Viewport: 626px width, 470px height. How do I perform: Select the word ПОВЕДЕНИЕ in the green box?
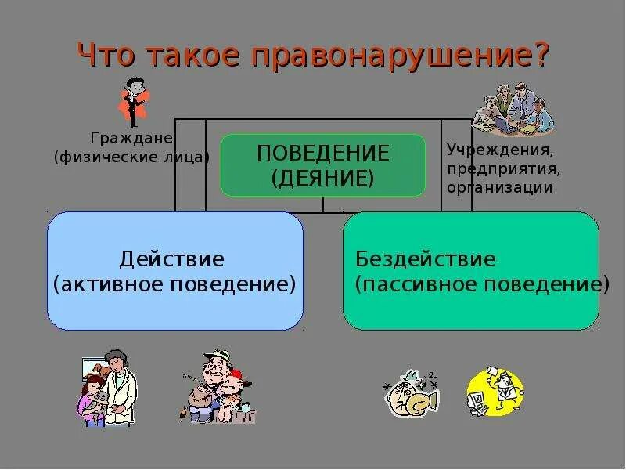[x=323, y=153]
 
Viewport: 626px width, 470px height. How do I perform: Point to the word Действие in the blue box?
[x=172, y=258]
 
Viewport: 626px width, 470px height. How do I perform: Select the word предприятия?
[x=503, y=168]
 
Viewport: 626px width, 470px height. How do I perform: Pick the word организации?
[x=500, y=187]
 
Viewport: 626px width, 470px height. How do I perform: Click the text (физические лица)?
[x=131, y=157]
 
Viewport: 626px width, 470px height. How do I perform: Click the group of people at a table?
[x=514, y=109]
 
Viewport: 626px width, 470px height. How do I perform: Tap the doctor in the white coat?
[x=116, y=387]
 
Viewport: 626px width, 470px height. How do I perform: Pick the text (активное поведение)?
[x=174, y=283]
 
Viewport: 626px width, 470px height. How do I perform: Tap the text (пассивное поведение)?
[x=481, y=283]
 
